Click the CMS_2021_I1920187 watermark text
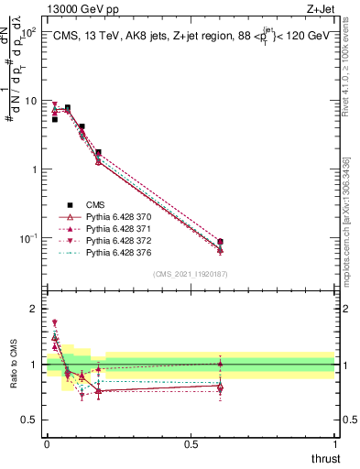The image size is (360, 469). (x=190, y=273)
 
